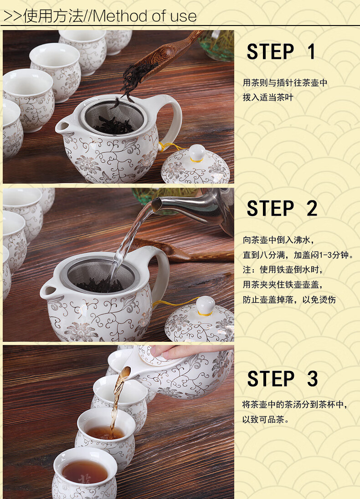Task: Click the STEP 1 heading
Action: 281,51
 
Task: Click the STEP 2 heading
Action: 282,208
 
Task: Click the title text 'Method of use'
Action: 145,16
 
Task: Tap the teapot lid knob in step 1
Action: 197,153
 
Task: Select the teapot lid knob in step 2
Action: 206,305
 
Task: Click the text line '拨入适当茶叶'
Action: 267,98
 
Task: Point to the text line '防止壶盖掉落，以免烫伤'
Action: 289,299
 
